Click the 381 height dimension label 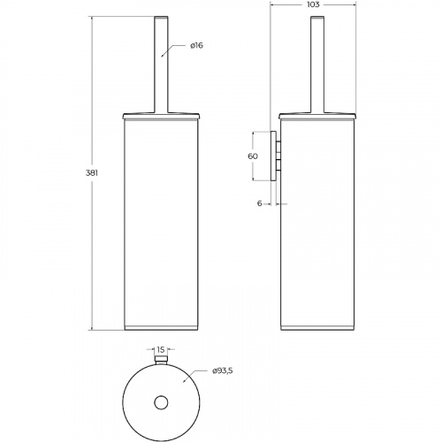92,173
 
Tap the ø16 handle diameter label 196,45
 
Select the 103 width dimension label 313,4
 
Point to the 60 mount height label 253,156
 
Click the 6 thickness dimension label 259,203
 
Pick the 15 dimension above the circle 161,350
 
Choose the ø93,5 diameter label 223,370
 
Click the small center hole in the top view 161,402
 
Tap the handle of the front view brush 161,65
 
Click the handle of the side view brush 317,65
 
